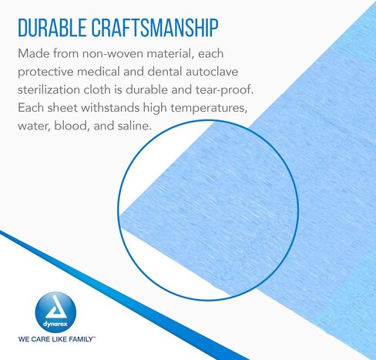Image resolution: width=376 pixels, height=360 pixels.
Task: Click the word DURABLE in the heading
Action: click(x=52, y=28)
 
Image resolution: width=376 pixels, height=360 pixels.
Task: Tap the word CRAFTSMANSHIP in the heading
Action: click(x=155, y=28)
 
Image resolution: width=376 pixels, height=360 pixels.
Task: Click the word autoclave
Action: click(x=212, y=72)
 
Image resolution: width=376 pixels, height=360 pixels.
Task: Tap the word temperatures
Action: click(x=209, y=108)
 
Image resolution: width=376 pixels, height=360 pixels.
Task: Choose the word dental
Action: click(x=164, y=72)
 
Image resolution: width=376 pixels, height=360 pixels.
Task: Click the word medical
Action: click(x=99, y=72)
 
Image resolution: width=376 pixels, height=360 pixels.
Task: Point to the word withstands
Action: click(x=110, y=108)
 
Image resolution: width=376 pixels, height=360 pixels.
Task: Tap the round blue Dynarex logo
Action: click(x=55, y=312)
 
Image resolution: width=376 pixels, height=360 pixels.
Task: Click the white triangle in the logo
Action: click(x=56, y=308)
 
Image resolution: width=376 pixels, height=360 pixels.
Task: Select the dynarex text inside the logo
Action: click(x=55, y=324)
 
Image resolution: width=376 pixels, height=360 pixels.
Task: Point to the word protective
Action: click(x=45, y=72)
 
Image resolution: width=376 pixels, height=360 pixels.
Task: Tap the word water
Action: click(x=34, y=126)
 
